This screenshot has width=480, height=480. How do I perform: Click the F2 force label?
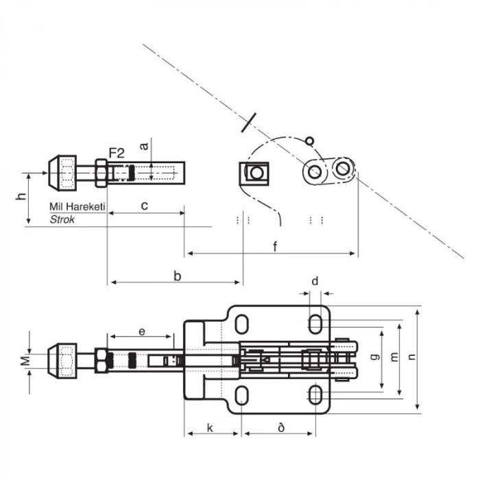pos(117,153)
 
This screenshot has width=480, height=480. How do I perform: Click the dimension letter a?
pos(143,146)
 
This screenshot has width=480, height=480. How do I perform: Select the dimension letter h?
pos(21,195)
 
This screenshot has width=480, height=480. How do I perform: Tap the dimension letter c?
pos(145,206)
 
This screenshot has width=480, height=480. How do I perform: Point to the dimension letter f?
pos(275,246)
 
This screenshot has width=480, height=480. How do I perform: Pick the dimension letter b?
pos(177,276)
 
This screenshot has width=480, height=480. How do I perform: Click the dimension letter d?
pos(315,280)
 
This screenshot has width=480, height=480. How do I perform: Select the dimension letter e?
pos(142,331)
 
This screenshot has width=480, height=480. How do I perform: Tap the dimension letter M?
pos(26,361)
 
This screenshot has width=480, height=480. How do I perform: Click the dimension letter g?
pos(375,357)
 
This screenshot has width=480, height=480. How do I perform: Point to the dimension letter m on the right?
pos(394,357)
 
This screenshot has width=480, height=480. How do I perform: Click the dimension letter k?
pos(210,428)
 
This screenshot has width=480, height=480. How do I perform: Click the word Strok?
pos(62,219)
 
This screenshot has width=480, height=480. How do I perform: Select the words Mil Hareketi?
pos(77,206)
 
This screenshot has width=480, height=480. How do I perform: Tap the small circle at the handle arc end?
pos(309,141)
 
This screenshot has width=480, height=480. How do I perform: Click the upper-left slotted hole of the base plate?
pos(242,324)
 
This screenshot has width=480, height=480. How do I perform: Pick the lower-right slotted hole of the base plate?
pos(315,395)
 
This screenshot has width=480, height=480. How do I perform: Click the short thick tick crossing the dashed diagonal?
pos(248,123)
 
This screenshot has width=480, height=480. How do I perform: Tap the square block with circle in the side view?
pos(254,173)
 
